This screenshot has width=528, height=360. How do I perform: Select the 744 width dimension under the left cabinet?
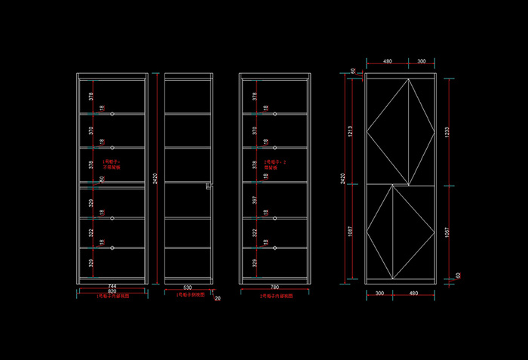click(x=112, y=287)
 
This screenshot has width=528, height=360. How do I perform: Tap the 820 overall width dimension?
click(x=112, y=292)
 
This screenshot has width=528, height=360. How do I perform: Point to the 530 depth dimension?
click(x=188, y=288)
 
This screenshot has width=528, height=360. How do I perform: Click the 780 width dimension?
click(x=274, y=288)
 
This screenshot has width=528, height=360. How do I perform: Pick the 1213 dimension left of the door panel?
click(x=350, y=131)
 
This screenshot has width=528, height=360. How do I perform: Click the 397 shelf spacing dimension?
click(x=256, y=200)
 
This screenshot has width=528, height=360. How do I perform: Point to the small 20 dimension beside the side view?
click(x=218, y=299)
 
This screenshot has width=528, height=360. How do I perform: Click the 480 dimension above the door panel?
click(x=387, y=60)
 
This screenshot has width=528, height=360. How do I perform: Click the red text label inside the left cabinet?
click(x=112, y=164)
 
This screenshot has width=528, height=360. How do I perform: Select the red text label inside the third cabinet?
click(x=275, y=164)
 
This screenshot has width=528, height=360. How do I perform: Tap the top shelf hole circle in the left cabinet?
click(x=112, y=114)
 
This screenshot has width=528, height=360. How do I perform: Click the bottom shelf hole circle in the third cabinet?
click(x=275, y=248)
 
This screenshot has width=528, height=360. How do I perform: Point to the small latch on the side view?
click(x=208, y=185)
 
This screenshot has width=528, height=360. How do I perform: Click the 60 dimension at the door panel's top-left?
click(x=352, y=71)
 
